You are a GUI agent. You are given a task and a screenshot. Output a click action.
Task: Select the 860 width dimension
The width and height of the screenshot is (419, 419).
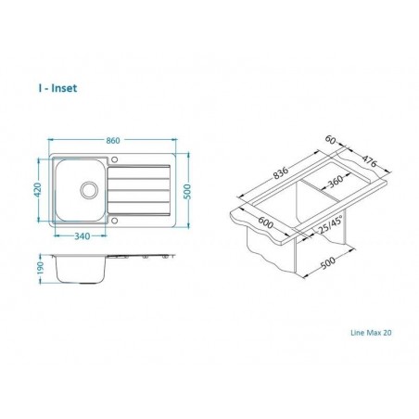(x=113, y=140)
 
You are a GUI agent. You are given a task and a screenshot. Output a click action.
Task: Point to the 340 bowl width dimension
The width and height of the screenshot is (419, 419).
(x=81, y=236)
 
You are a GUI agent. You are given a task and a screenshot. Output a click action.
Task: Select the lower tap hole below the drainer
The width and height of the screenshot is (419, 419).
(x=114, y=221)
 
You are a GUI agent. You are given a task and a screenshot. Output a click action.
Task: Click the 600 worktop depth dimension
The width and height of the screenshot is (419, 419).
(x=266, y=223)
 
